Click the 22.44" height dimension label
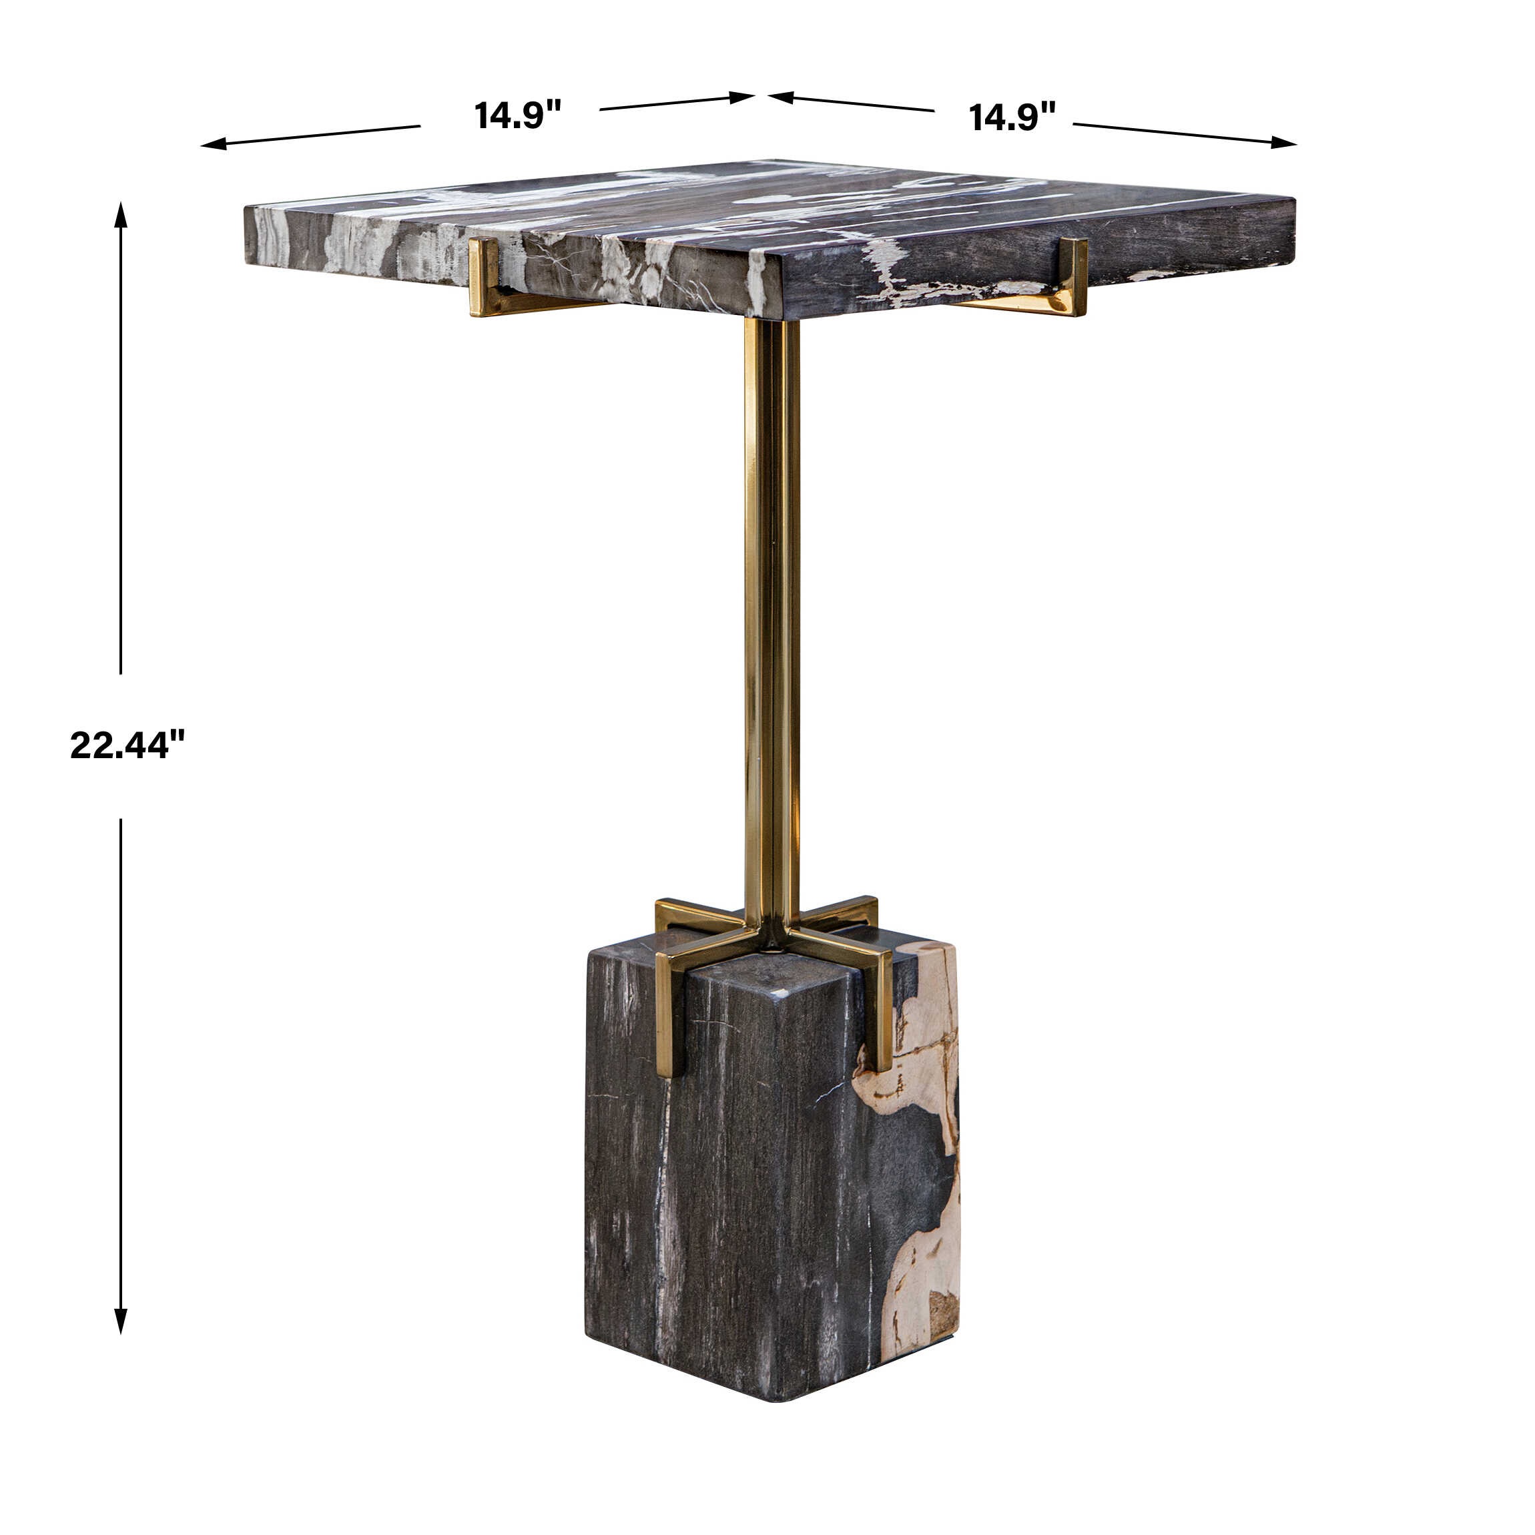127,744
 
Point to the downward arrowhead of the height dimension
121,1321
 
